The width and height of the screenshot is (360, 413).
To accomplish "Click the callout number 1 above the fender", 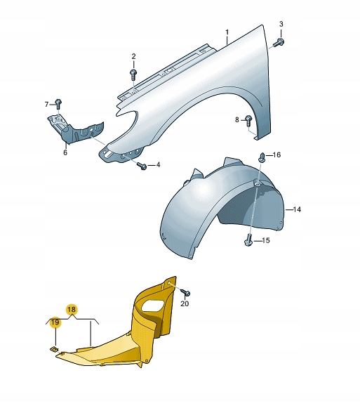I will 227,33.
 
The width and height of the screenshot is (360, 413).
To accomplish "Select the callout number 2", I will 133,56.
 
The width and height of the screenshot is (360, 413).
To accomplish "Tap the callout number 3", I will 281,25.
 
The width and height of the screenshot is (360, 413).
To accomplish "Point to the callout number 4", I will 158,165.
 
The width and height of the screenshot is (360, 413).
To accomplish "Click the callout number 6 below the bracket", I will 65,152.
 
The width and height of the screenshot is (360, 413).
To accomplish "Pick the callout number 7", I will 47,104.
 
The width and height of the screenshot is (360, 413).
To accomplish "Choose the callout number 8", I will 237,119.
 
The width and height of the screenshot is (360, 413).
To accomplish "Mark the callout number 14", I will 297,209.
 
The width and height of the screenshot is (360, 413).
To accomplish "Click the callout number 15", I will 266,241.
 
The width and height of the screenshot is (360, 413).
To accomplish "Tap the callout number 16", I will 276,155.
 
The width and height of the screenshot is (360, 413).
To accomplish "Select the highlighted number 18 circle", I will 72,309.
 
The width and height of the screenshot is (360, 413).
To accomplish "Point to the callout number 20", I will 185,304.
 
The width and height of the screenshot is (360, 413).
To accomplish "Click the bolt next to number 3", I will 279,42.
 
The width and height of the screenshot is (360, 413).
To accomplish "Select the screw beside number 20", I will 185,291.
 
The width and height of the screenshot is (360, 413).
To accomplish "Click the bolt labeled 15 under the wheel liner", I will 248,241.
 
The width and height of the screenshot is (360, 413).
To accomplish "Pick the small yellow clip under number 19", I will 53,348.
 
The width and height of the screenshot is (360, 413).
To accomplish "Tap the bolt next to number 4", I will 141,165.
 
